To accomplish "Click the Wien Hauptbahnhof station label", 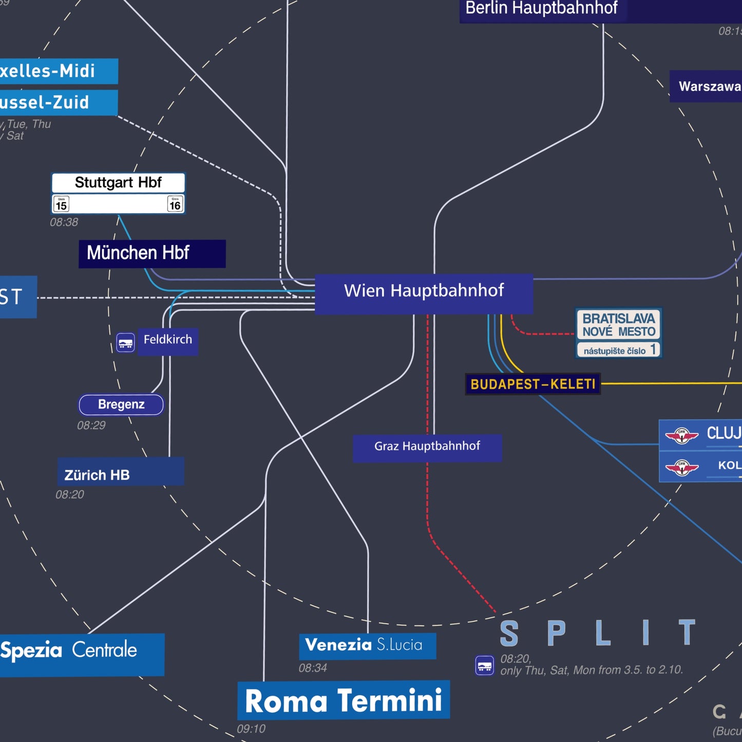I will (x=424, y=291).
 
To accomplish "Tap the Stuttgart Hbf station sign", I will (x=118, y=183).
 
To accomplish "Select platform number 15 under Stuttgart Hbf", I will (x=61, y=204).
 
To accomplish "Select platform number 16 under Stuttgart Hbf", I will (x=175, y=204).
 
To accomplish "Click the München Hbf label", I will (x=139, y=253).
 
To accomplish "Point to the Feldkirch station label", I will (x=168, y=340).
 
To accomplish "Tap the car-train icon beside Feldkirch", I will (x=125, y=343).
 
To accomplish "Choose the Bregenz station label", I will (x=121, y=405).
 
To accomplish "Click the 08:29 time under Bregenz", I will (x=91, y=426).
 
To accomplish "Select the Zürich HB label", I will (x=98, y=475).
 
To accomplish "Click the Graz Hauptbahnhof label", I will (x=427, y=446).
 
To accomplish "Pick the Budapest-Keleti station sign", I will (x=532, y=384).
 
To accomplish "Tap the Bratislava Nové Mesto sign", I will (x=619, y=326).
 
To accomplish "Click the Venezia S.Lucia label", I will (x=365, y=645).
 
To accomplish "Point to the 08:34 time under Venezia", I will (x=313, y=668).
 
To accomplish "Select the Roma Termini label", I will (x=344, y=701).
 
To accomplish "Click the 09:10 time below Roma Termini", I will (x=251, y=729).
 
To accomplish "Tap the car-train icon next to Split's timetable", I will (x=485, y=665).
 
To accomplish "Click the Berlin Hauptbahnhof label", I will (x=541, y=8).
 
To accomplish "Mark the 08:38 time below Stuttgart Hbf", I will (x=64, y=222).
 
